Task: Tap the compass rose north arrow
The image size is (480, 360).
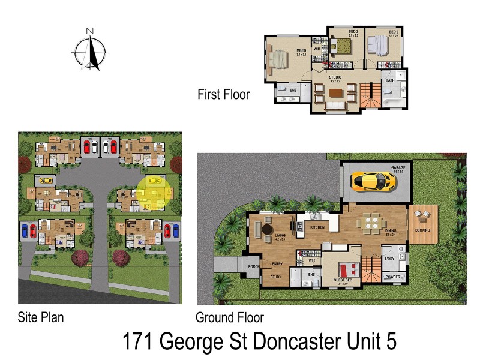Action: click(x=90, y=49)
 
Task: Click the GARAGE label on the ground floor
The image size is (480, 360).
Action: click(x=399, y=168)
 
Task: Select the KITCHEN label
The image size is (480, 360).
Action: click(x=317, y=228)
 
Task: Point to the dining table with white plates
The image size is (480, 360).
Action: click(x=370, y=223)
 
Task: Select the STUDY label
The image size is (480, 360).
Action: click(x=275, y=277)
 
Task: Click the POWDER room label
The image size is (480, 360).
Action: click(x=394, y=277)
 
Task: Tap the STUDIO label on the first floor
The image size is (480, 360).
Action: click(x=335, y=77)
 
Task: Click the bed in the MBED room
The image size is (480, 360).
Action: click(x=280, y=59)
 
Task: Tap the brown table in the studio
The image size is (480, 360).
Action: click(x=335, y=93)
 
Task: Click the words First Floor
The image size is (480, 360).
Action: click(x=223, y=94)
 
